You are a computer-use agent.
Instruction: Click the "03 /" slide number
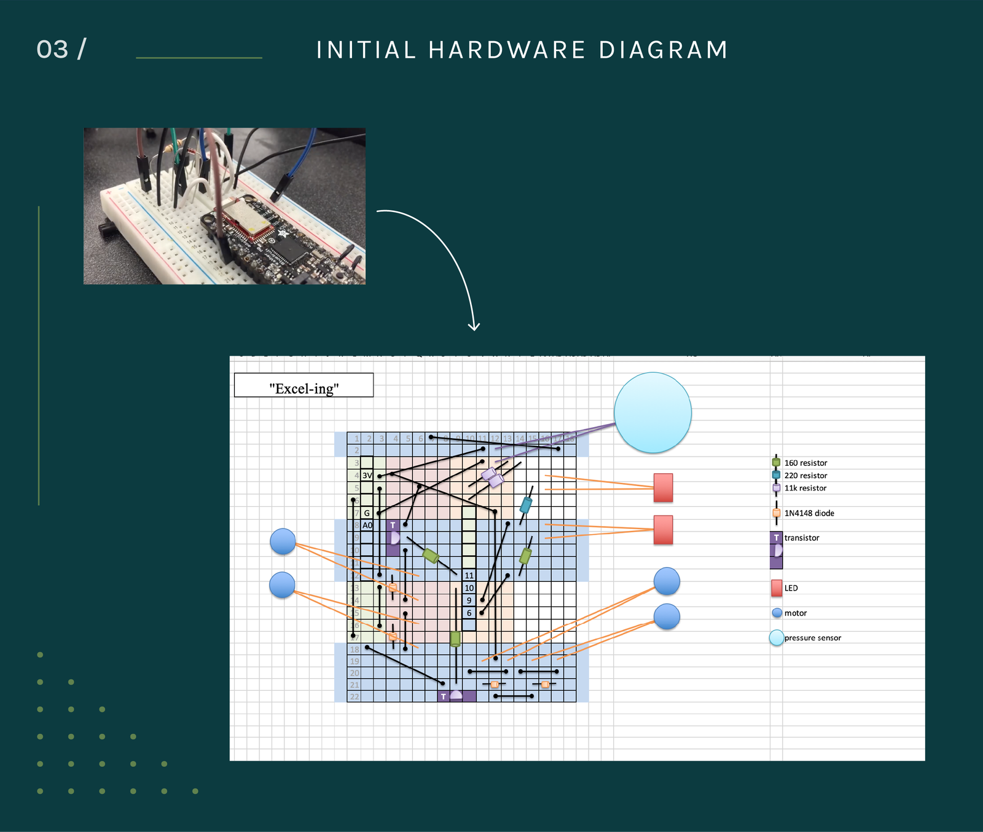(x=61, y=50)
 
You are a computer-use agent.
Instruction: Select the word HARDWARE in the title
(x=507, y=50)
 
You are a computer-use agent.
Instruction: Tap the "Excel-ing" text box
(x=304, y=386)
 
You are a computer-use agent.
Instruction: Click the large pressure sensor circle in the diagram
(x=652, y=412)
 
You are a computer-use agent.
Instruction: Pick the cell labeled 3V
(x=367, y=476)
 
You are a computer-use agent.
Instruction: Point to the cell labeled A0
(x=367, y=525)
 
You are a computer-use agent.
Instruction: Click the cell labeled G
(x=367, y=513)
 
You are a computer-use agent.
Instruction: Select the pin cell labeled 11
(x=469, y=576)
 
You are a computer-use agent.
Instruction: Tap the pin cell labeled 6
(x=469, y=613)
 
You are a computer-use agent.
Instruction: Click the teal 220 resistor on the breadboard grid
(x=526, y=505)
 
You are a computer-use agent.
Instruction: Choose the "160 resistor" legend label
(x=805, y=463)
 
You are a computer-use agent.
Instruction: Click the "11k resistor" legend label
(x=805, y=489)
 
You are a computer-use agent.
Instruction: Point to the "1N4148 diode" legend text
(x=809, y=514)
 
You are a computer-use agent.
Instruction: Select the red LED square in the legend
(x=777, y=588)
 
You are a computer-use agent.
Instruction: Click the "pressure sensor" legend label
(x=812, y=638)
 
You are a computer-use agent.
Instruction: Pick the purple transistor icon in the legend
(x=777, y=550)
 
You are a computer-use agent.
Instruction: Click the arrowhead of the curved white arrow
(x=474, y=327)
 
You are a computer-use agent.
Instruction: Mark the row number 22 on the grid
(x=354, y=697)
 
